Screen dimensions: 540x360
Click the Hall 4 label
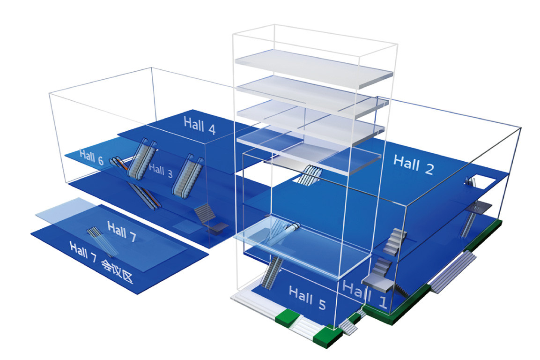pyautogui.click(x=200, y=126)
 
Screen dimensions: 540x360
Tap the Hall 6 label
pyautogui.click(x=91, y=157)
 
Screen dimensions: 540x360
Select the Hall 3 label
pyautogui.click(x=161, y=171)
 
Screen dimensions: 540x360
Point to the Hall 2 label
pyautogui.click(x=413, y=165)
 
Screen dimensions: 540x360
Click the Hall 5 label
pyautogui.click(x=307, y=298)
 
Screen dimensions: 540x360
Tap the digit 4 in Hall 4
pyautogui.click(x=211, y=129)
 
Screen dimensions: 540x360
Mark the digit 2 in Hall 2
pyautogui.click(x=429, y=169)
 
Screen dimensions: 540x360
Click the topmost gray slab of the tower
pyautogui.click(x=313, y=68)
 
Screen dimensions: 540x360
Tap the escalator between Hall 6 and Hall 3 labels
pyautogui.click(x=141, y=158)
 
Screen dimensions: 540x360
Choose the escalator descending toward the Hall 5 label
pyautogui.click(x=272, y=272)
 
